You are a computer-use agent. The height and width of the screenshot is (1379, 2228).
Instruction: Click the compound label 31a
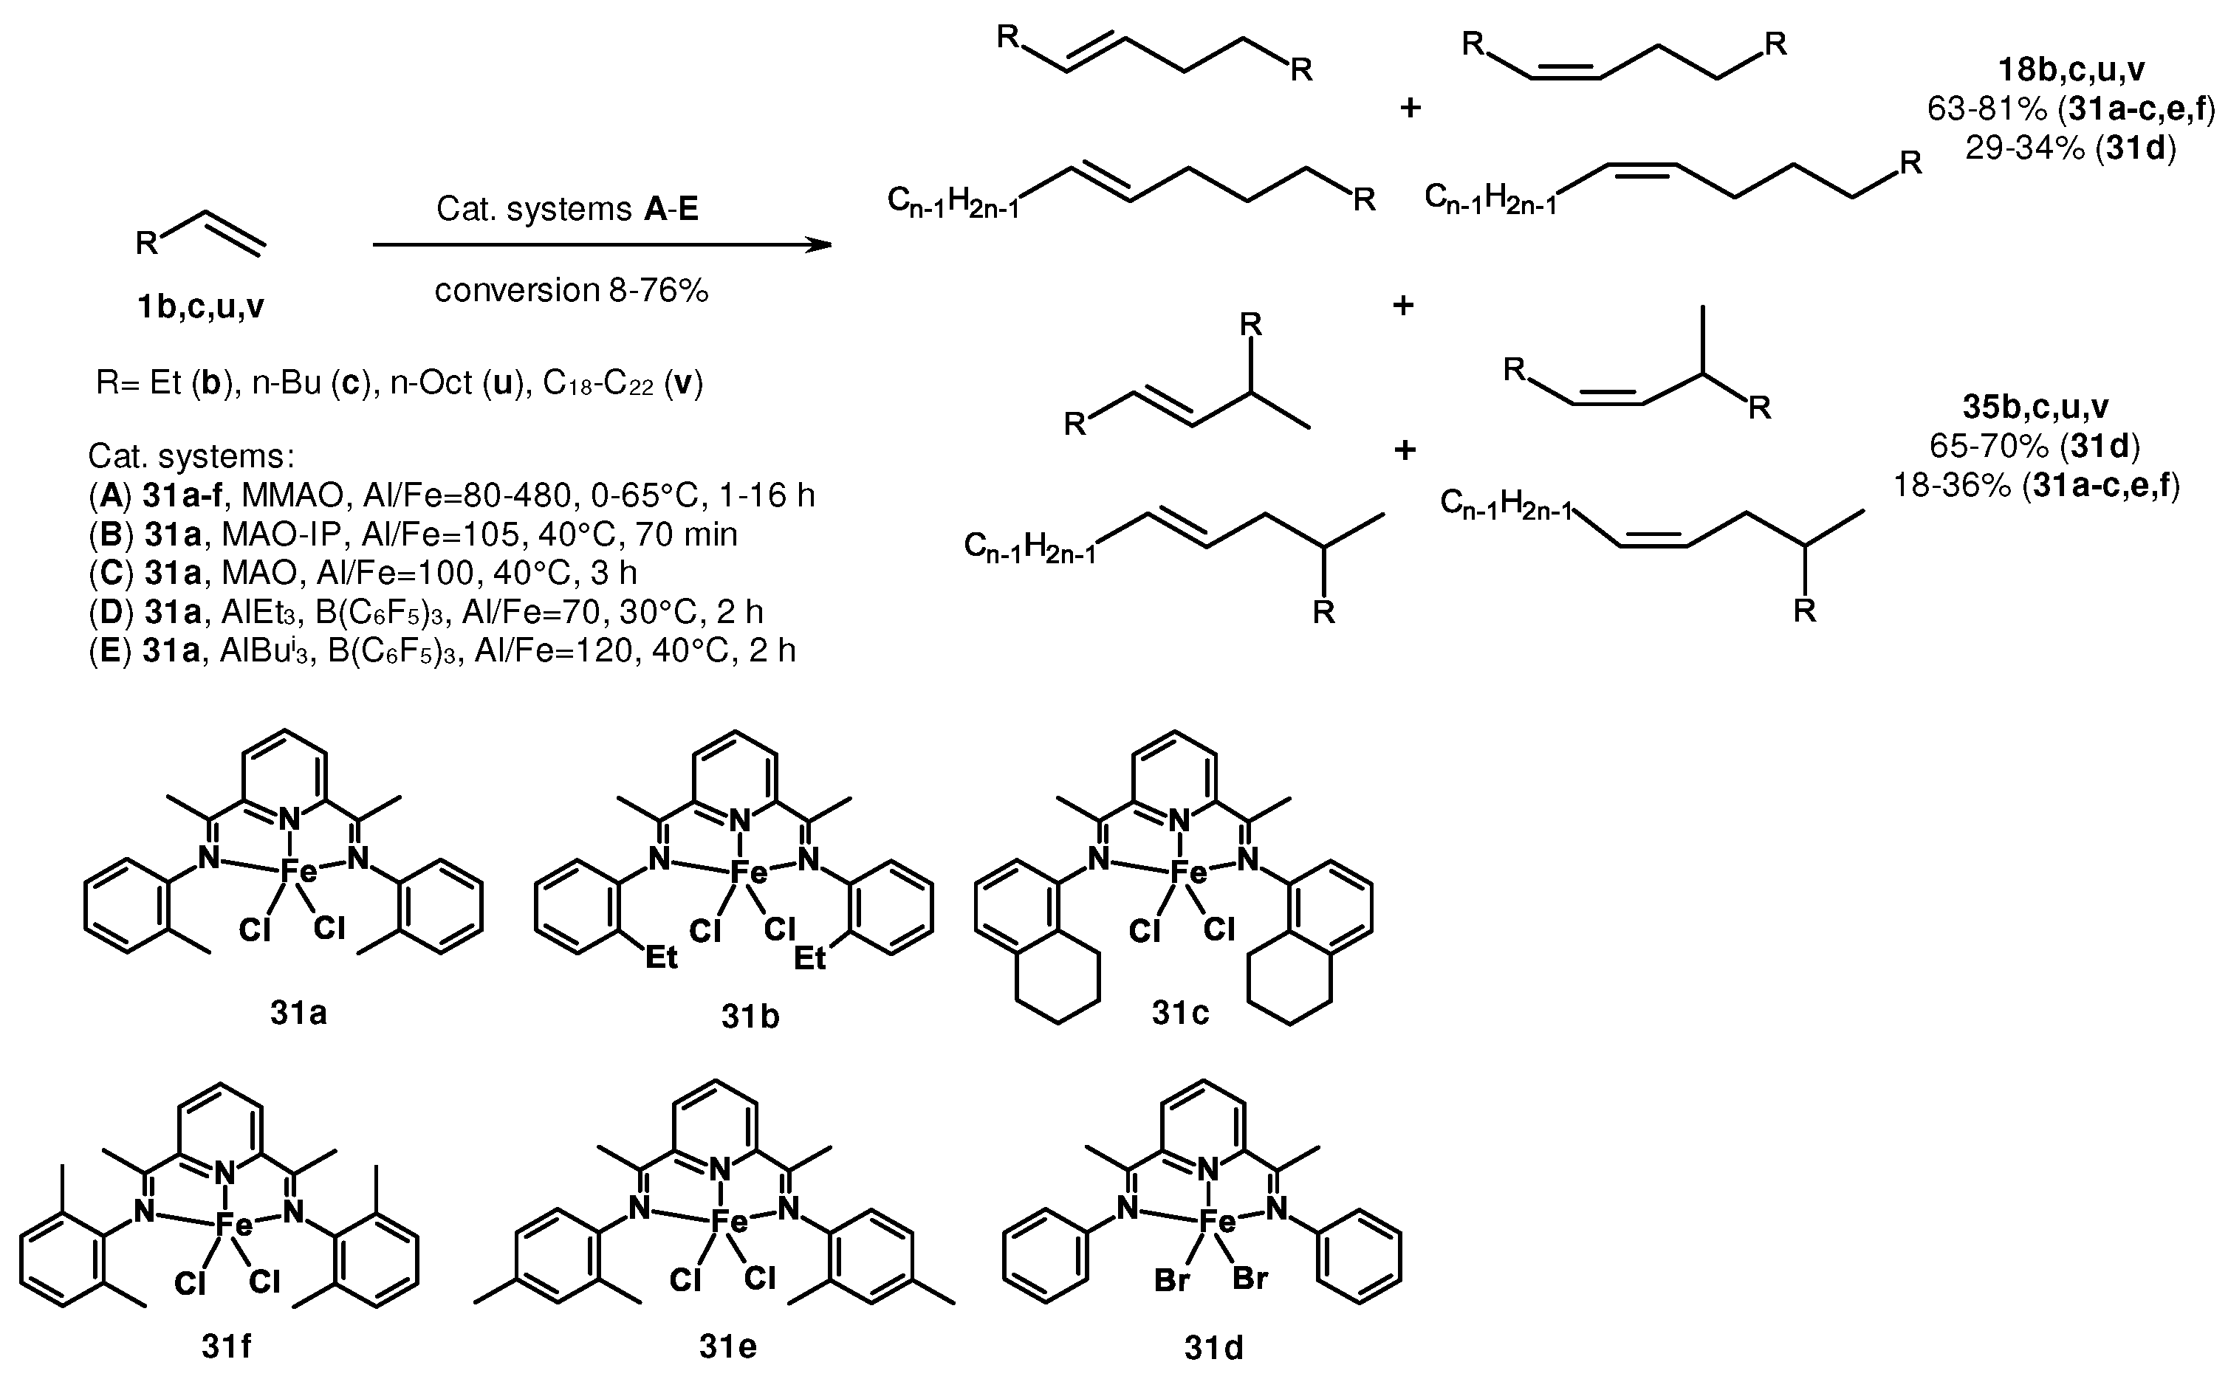point(298,1014)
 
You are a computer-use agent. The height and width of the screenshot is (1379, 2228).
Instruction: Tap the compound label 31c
point(1179,1012)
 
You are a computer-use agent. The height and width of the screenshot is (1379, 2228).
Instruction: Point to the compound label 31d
point(1213,1347)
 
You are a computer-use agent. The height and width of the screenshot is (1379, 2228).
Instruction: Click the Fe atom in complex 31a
point(298,872)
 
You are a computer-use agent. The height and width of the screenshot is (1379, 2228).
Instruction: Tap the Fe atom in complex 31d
point(1216,1221)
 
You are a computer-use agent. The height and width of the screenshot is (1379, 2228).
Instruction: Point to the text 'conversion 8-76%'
point(571,290)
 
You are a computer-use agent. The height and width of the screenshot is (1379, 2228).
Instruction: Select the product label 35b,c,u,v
point(2034,407)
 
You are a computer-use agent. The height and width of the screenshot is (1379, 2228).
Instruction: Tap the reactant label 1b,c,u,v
point(201,307)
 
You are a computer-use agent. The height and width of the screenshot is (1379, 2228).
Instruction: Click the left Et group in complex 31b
point(662,957)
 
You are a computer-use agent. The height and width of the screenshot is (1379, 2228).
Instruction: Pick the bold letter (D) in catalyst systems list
point(110,611)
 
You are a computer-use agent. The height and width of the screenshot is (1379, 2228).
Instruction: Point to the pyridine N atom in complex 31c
point(1179,822)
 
